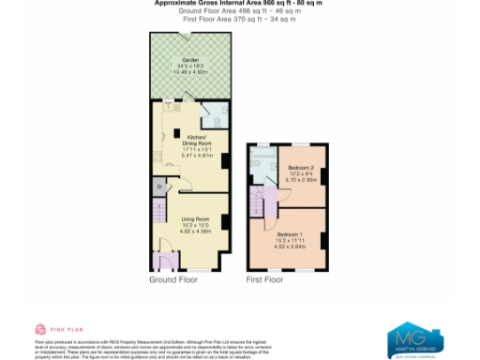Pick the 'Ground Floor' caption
click(173, 279)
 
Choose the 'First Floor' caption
click(264, 279)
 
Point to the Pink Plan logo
click(52, 329)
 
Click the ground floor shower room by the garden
click(214, 115)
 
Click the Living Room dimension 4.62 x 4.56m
click(195, 230)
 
